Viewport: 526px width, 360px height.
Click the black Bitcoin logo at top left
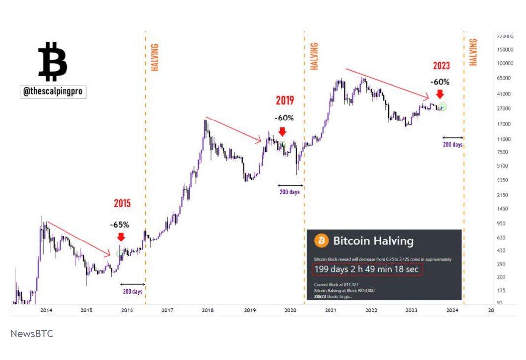tap(53, 61)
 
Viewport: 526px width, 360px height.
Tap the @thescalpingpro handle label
tap(54, 92)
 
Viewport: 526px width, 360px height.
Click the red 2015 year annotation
tap(122, 203)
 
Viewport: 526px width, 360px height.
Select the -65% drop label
tap(120, 225)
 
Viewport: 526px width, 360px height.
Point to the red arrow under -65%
tap(120, 237)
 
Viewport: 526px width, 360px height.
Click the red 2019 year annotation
tap(285, 101)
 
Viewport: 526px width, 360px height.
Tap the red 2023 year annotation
tap(441, 66)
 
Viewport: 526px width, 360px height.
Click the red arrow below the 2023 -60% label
tap(440, 94)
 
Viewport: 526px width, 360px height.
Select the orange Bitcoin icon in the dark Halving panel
tap(322, 241)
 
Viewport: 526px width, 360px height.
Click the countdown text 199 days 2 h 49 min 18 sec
tap(367, 269)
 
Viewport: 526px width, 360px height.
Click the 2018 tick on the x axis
tap(208, 310)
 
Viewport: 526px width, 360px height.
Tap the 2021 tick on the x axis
tap(330, 310)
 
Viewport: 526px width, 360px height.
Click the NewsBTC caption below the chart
tap(32, 334)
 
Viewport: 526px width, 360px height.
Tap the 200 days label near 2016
tap(132, 291)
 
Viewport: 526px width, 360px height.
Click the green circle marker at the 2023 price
tap(442, 106)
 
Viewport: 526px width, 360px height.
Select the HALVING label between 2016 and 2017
tap(155, 58)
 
